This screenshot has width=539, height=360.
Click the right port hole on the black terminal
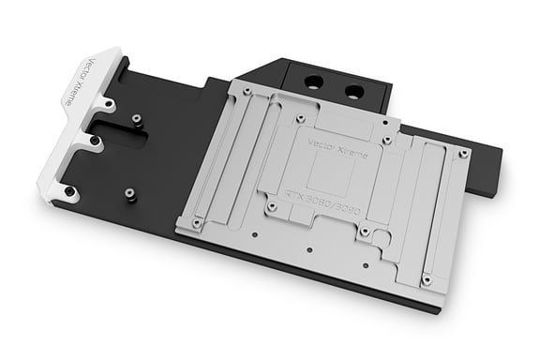(354, 91)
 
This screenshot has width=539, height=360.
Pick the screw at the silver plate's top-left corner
(245, 91)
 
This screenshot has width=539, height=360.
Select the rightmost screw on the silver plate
(464, 152)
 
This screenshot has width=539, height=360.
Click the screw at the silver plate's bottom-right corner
(427, 279)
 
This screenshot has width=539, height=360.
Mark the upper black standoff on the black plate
(136, 119)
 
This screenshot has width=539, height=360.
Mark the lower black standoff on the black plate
(129, 194)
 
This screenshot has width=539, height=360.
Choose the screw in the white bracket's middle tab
(95, 142)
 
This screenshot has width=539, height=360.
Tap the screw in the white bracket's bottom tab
(70, 191)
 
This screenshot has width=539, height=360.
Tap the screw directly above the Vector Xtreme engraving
(299, 120)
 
